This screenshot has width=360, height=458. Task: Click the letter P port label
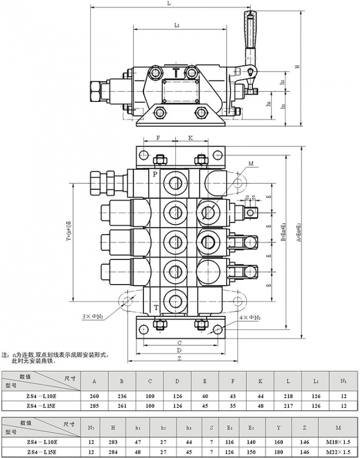(154, 174)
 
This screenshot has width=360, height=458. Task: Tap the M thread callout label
(250, 164)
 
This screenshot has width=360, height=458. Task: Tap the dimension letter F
(158, 138)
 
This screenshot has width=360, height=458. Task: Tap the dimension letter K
(190, 138)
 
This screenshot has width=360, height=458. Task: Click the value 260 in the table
(94, 397)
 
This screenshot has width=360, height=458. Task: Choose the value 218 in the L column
(288, 397)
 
